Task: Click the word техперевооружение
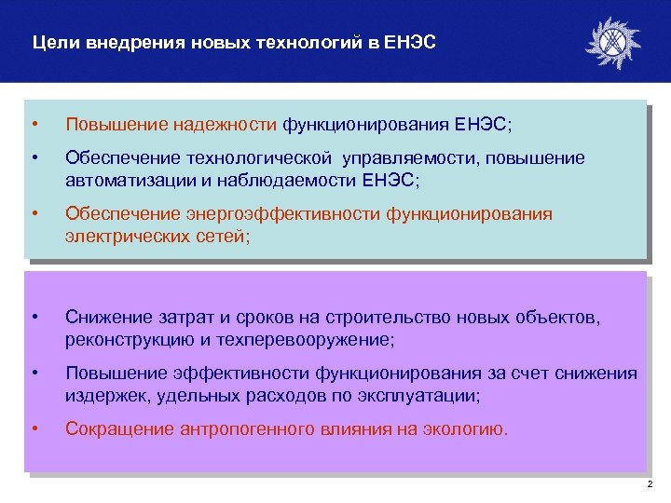click(302, 339)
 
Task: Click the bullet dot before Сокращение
click(34, 429)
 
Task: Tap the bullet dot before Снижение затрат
click(34, 319)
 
